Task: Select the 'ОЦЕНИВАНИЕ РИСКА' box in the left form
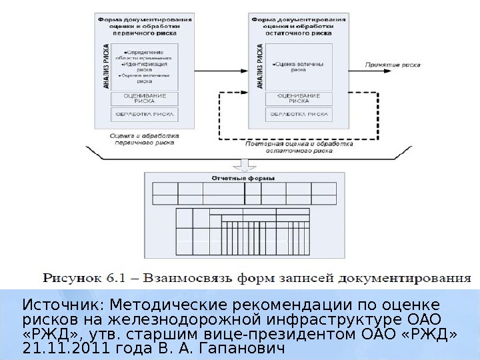[145, 98]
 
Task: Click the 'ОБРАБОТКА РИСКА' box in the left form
[145, 115]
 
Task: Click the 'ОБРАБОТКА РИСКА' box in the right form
[298, 115]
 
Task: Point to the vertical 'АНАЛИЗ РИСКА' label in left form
[106, 67]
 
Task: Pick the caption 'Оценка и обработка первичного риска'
[145, 138]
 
